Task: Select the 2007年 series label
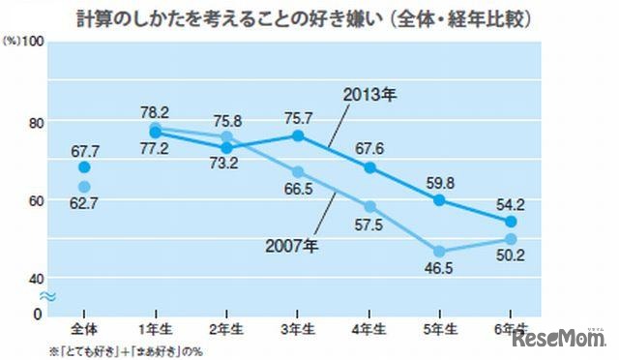point(290,245)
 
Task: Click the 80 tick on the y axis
point(35,122)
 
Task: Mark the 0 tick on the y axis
point(38,314)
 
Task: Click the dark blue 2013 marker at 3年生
point(298,135)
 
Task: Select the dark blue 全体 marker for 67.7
point(84,166)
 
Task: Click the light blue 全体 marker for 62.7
point(84,187)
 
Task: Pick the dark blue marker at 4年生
point(368,167)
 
